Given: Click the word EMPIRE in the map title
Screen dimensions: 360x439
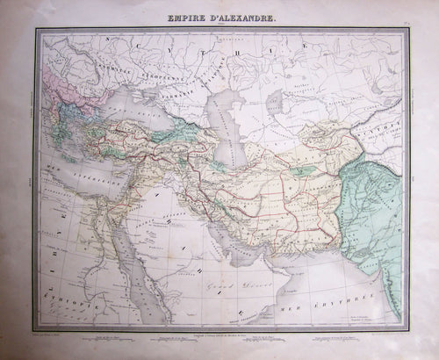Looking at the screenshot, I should pos(175,18).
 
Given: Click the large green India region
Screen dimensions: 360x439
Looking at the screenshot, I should pos(378,220).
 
